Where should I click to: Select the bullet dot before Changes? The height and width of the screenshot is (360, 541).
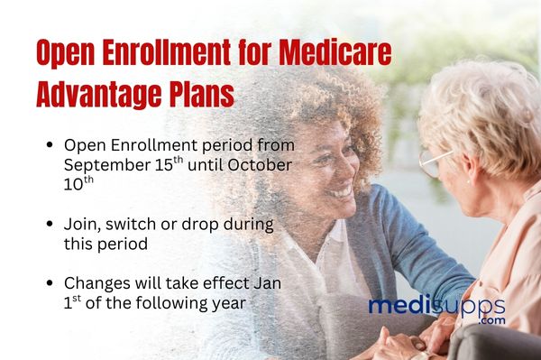coord(47,283)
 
